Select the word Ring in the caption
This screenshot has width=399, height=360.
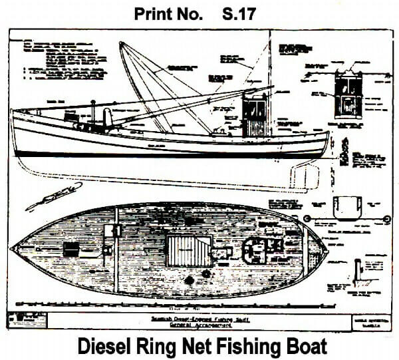tap(161, 346)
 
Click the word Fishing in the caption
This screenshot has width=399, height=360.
tap(257, 346)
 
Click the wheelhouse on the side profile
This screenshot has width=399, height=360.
tap(254, 115)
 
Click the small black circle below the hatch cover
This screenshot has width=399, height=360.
tap(189, 281)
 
